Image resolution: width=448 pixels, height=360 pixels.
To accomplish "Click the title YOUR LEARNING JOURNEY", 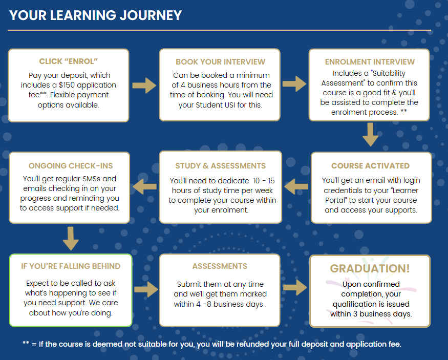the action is pos(95,15).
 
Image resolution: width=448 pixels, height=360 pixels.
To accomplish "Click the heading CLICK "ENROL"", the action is pos(68,61).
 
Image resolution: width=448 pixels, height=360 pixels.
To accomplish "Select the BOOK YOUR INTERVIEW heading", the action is pos(220,62).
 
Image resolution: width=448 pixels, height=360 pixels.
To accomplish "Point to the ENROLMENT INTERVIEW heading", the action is pos(370,62).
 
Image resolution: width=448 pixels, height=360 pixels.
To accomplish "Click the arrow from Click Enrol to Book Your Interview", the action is pos(144,85).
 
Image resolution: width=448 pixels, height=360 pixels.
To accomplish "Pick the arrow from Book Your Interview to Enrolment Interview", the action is pos(294,83).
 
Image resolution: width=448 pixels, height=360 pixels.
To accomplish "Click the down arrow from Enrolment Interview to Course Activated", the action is pos(370,135).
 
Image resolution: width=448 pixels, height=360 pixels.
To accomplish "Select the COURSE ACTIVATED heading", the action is pos(370,166).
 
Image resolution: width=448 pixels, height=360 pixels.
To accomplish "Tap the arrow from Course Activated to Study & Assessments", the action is pos(296,186).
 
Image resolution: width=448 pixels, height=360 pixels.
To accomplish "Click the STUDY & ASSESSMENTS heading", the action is pos(220,166).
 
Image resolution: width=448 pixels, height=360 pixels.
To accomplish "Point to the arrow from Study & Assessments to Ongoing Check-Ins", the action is pos(144,186).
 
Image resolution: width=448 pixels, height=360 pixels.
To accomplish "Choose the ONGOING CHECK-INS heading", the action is pos(71,166).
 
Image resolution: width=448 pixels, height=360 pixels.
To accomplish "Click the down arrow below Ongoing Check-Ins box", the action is pos(71,239).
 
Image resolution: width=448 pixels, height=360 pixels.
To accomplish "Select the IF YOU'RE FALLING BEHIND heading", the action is pos(71,266).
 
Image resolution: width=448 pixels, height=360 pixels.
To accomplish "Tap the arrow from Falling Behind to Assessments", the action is pos(146,289).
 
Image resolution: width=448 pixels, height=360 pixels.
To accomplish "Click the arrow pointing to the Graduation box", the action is pos(295,287).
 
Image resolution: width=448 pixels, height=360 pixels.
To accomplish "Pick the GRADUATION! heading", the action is pos(370,268).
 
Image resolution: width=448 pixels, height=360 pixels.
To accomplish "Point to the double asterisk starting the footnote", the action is pos(26,343).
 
